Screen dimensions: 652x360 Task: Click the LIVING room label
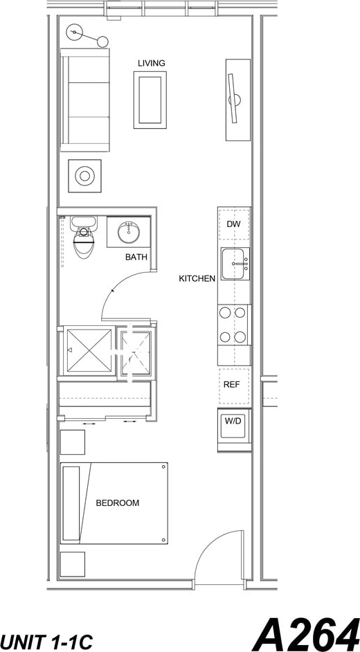(151, 63)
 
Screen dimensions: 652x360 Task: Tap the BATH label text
(136, 257)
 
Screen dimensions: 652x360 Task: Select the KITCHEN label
(197, 278)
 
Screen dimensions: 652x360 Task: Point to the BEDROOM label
(117, 502)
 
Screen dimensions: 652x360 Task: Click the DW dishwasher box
(233, 224)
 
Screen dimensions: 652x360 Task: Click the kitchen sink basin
(235, 264)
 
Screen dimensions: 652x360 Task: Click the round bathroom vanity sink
(129, 232)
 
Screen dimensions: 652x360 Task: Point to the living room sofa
(85, 100)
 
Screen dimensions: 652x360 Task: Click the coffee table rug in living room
(150, 100)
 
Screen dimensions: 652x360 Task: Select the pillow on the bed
(72, 502)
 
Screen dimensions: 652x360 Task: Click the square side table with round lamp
(84, 176)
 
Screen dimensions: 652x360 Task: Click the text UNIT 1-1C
(47, 640)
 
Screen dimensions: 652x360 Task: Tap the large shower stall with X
(89, 351)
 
